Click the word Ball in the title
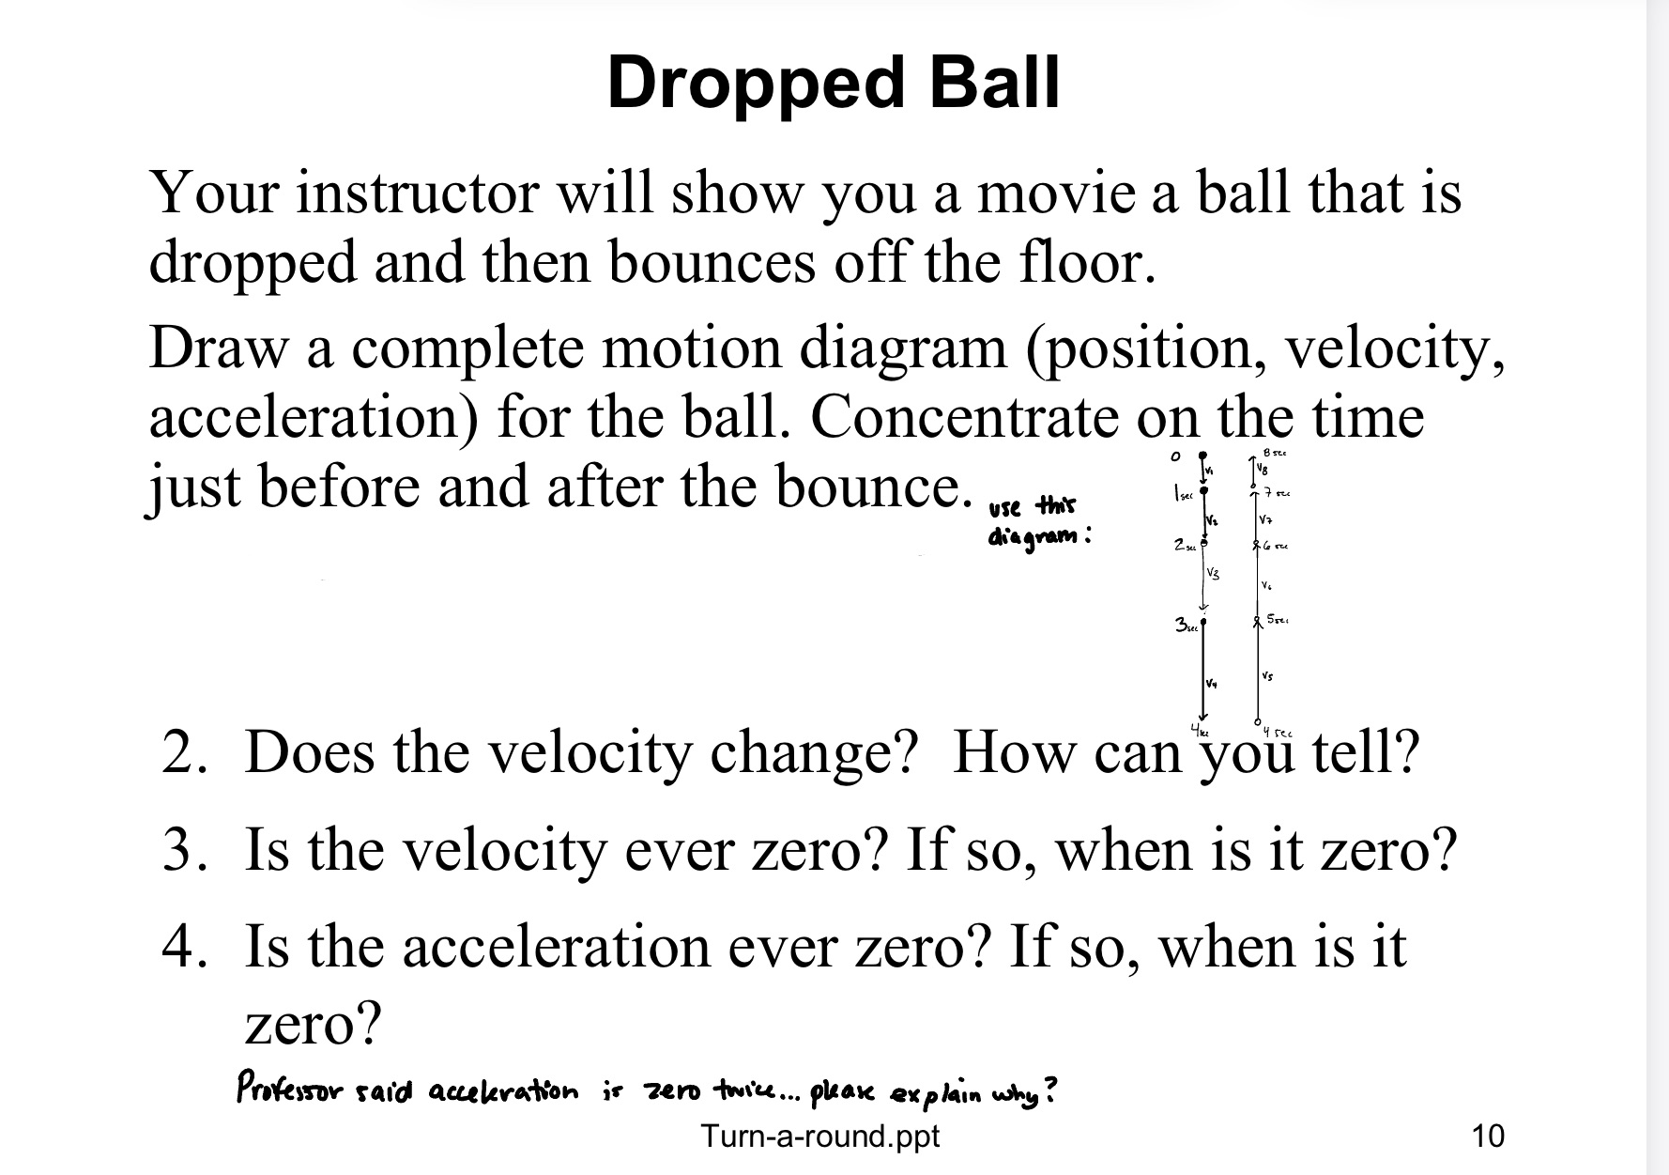pyautogui.click(x=994, y=83)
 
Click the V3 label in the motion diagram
pyautogui.click(x=1214, y=572)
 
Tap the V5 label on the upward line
pyautogui.click(x=1267, y=676)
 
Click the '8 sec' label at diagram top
pyautogui.click(x=1276, y=454)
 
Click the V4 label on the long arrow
pyautogui.click(x=1212, y=683)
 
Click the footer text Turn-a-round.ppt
pyautogui.click(x=819, y=1136)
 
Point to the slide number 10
pyautogui.click(x=1488, y=1136)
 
